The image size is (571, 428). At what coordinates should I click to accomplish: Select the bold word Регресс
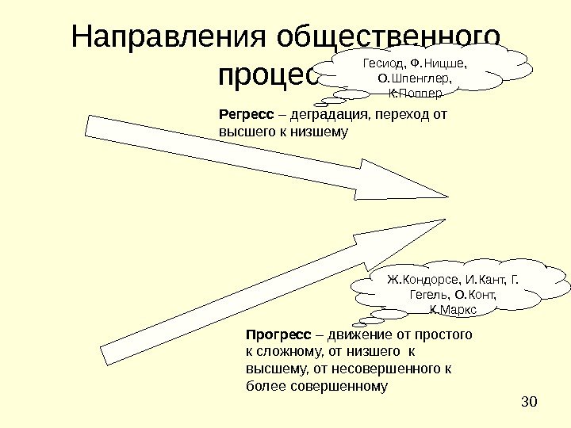[x=239, y=114]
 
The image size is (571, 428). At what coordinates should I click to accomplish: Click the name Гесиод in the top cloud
[x=380, y=62]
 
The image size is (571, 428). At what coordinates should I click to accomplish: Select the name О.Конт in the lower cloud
[x=476, y=295]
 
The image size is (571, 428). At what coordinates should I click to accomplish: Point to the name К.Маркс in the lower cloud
[x=452, y=310]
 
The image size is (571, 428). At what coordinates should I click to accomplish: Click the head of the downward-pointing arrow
[x=397, y=183]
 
